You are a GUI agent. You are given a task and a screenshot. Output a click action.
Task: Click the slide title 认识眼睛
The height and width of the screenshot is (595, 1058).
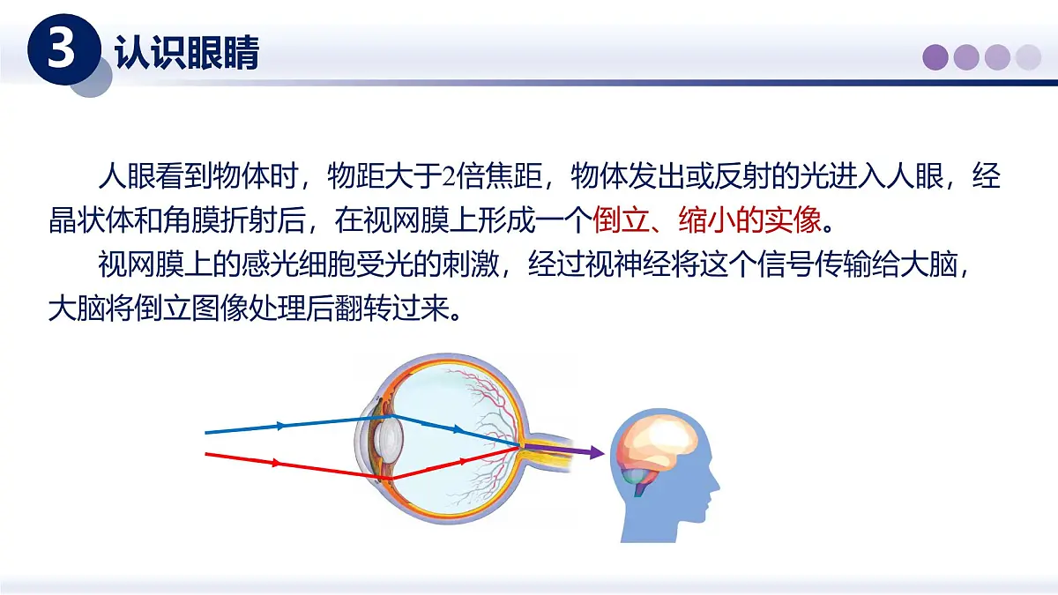[x=187, y=53]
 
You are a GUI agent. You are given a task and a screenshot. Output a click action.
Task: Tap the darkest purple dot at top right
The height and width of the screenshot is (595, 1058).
[x=935, y=57]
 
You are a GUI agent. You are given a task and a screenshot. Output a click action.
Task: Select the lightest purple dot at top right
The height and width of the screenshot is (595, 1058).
[x=1028, y=57]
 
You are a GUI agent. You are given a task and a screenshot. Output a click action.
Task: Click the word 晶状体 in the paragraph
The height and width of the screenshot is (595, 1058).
[x=91, y=219]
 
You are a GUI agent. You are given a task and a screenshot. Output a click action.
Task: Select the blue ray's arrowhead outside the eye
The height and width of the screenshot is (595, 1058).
[x=281, y=426]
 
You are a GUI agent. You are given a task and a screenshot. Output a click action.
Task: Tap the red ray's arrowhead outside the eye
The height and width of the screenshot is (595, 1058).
[x=278, y=462]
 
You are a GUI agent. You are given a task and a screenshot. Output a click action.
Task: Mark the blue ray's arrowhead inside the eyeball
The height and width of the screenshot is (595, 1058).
[x=457, y=430]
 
